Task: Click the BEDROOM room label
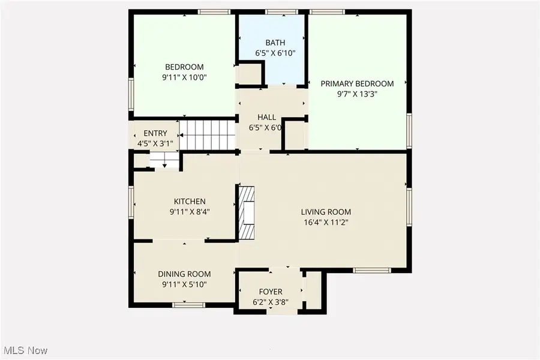(x=184, y=67)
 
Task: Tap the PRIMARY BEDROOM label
(x=357, y=83)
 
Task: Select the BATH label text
(x=275, y=43)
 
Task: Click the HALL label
(x=266, y=117)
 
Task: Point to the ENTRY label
(x=155, y=133)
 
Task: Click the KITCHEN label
(x=190, y=202)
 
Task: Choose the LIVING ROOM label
(x=326, y=212)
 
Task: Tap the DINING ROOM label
(x=184, y=274)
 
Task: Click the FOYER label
(x=270, y=292)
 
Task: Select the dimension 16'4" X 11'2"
(x=326, y=222)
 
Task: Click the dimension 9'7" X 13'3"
(x=357, y=94)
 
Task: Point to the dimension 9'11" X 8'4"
(x=190, y=211)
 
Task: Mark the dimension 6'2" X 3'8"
(x=270, y=302)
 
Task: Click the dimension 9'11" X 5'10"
(x=184, y=284)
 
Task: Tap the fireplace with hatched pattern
(x=247, y=212)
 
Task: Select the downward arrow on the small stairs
(x=165, y=164)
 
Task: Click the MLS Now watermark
(x=26, y=350)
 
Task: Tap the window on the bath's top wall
(x=275, y=11)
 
